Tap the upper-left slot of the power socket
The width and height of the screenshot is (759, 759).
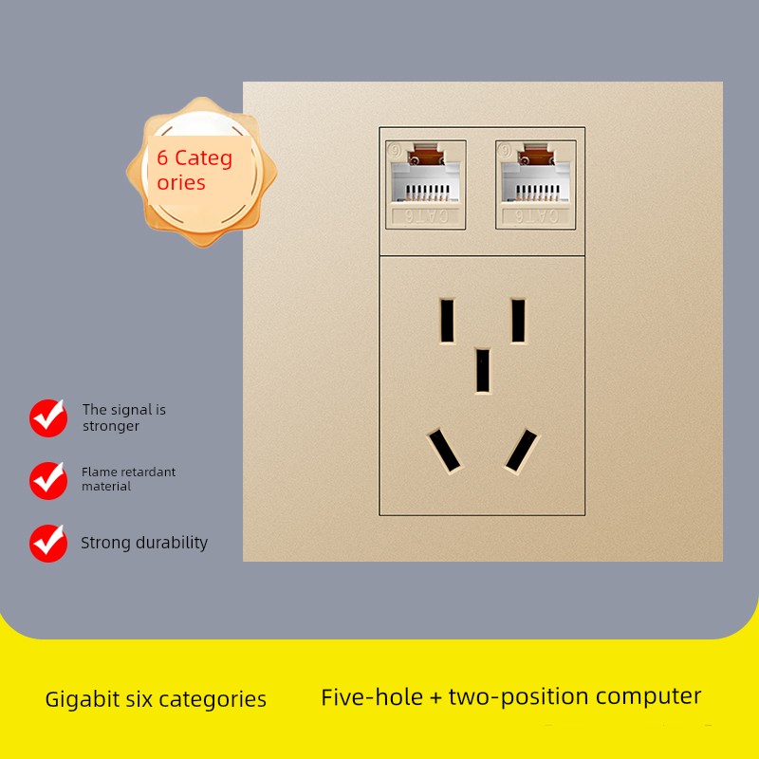446,321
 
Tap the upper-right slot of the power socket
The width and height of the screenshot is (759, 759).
518,321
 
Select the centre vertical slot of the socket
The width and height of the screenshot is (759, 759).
483,370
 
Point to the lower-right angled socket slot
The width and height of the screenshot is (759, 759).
521,451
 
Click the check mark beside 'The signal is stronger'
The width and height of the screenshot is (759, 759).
47,417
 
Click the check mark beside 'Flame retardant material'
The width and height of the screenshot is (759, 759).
47,480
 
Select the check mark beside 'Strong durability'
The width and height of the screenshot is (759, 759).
47,543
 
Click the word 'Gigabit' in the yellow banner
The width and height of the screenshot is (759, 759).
82,700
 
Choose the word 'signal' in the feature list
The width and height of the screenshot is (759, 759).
132,410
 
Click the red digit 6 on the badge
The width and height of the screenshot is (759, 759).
163,158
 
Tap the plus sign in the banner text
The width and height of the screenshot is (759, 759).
435,698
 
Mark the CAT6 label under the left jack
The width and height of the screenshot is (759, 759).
426,216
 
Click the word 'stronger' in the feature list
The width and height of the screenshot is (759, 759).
111,426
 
